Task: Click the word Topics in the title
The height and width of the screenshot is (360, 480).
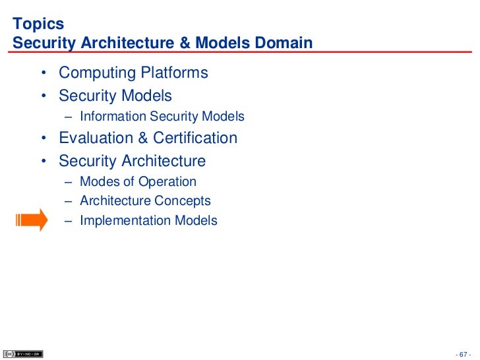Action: tap(38, 24)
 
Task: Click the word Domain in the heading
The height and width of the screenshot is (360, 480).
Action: tap(282, 44)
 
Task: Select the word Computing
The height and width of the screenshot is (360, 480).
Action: tap(97, 73)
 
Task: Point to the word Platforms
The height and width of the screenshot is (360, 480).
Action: tap(175, 73)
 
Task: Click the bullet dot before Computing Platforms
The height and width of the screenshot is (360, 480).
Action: tap(43, 73)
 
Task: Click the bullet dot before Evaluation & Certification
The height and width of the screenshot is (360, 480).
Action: tap(43, 138)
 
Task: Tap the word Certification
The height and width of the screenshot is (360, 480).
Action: tap(195, 138)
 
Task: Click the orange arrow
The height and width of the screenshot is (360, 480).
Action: tap(32, 220)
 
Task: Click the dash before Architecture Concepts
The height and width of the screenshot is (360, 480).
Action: tap(69, 201)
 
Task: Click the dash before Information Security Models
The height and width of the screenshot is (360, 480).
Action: tap(69, 117)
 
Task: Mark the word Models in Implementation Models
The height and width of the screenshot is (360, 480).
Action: tap(196, 221)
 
